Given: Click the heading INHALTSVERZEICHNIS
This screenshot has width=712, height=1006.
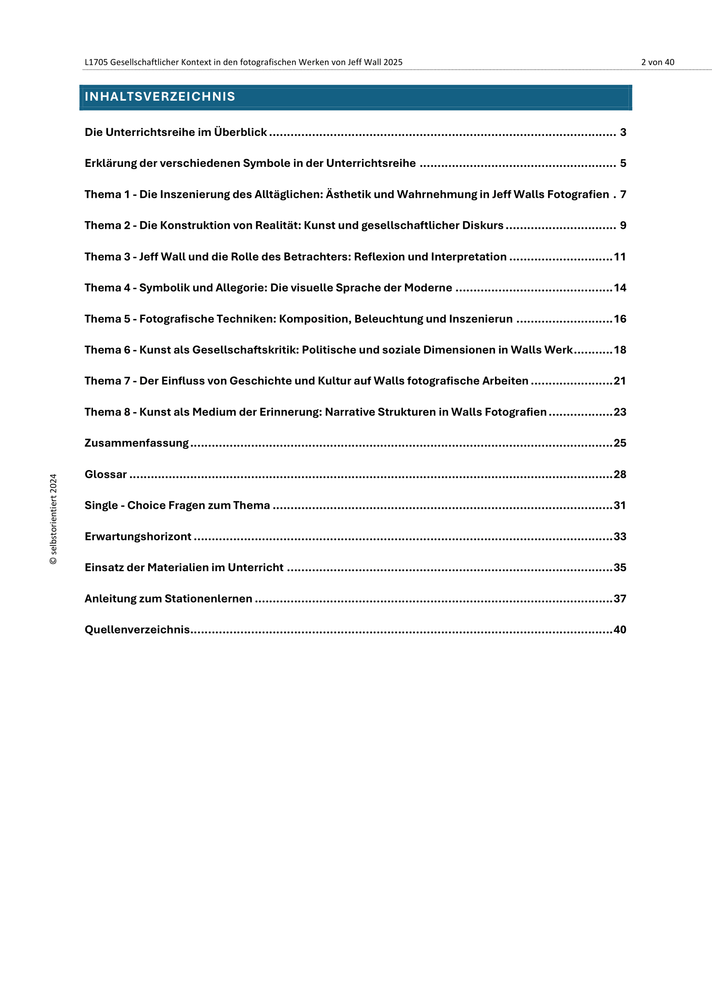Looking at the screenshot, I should (160, 96).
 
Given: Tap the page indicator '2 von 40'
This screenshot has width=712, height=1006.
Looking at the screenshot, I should (657, 62).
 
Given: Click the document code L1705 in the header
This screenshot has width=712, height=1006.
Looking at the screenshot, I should (96, 62).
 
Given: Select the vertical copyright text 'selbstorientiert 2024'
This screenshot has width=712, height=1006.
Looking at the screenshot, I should (53, 519).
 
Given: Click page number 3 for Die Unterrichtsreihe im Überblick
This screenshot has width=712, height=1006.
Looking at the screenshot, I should (622, 132).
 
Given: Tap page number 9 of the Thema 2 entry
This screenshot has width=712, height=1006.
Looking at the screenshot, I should (622, 226).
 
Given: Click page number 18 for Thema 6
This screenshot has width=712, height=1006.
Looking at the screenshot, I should (619, 350).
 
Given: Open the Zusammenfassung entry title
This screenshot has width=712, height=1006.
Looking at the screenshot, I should (136, 443).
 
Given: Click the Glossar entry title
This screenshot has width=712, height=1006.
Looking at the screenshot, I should (105, 474).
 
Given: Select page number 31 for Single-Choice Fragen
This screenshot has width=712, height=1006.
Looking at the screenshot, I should (619, 506).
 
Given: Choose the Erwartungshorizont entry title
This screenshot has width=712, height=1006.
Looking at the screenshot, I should (138, 537).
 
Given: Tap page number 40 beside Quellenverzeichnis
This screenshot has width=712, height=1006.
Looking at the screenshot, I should (619, 630).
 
